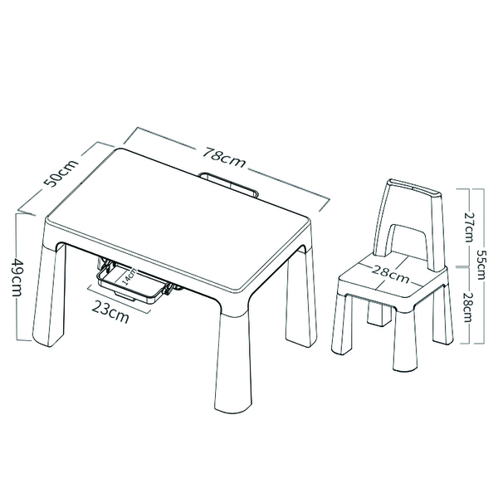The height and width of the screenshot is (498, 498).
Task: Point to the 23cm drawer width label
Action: [x=110, y=314]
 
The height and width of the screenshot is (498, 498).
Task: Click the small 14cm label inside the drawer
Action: [x=125, y=277]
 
